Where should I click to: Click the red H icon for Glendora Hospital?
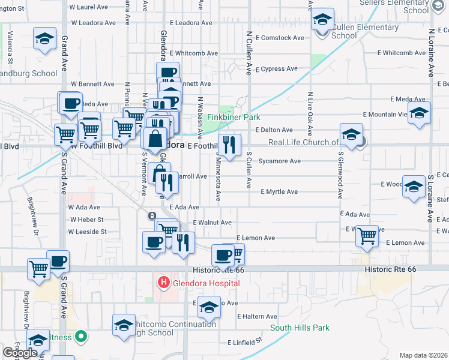pos(163,282)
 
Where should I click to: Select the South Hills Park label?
pos(300,328)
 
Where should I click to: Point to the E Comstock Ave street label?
pos(280,38)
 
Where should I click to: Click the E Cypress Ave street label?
pos(276,69)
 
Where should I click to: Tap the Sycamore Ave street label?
pos(279,161)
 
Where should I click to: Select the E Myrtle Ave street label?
pos(279,192)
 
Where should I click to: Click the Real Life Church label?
pos(303,142)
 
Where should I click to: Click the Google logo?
pos(20,353)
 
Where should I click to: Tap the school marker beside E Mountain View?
pos(419,113)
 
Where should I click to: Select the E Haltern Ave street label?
pos(257,316)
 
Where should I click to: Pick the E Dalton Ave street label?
pos(274,130)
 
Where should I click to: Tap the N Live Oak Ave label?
pos(310,110)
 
